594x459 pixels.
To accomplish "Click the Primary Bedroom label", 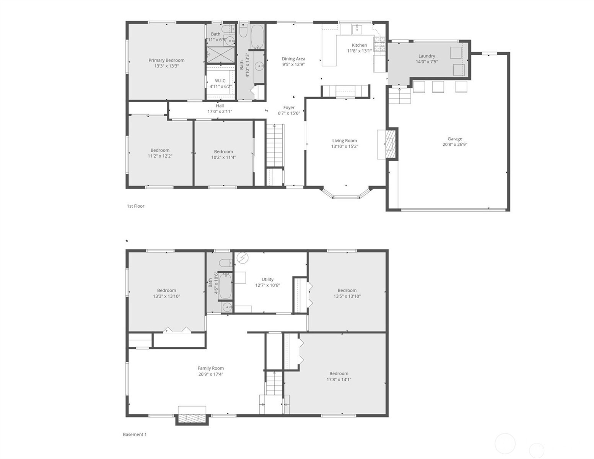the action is [x=166, y=60].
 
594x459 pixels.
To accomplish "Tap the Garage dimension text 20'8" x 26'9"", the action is [x=455, y=145].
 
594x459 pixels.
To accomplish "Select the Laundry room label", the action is [x=427, y=56].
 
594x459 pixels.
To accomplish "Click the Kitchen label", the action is [x=359, y=45].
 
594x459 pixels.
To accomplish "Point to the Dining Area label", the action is [x=293, y=59].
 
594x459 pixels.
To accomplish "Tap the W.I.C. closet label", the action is [x=221, y=81].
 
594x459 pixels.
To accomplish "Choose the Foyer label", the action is [x=289, y=107].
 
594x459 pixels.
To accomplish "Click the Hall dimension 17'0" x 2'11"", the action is [x=220, y=112].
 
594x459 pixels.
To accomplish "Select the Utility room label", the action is [x=267, y=279].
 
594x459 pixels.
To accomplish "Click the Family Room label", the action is [x=211, y=368].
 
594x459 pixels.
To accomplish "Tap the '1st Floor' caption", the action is [x=135, y=206].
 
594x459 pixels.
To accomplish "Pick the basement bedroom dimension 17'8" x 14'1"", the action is [x=339, y=379].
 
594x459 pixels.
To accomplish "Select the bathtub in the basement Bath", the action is [x=226, y=286].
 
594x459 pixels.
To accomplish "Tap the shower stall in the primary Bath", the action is [x=221, y=55].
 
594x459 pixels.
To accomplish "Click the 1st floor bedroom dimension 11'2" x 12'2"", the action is [x=160, y=156].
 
